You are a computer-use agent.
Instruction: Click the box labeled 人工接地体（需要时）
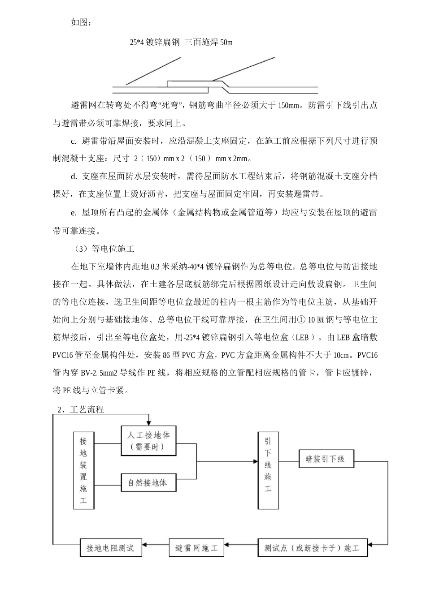tap(149, 441)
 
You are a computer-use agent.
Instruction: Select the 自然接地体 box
tap(148, 482)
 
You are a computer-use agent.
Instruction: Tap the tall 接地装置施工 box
tap(83, 470)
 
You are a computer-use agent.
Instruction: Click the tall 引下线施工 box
tap(268, 470)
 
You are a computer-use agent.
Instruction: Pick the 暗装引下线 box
tap(325, 459)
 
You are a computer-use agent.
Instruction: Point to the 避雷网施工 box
tap(196, 547)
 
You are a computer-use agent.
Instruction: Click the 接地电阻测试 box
tap(110, 547)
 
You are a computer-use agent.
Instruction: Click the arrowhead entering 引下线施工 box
tap(255, 461)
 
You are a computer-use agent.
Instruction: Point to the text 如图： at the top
tap(81, 22)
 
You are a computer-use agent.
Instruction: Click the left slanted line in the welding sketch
tap(154, 71)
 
